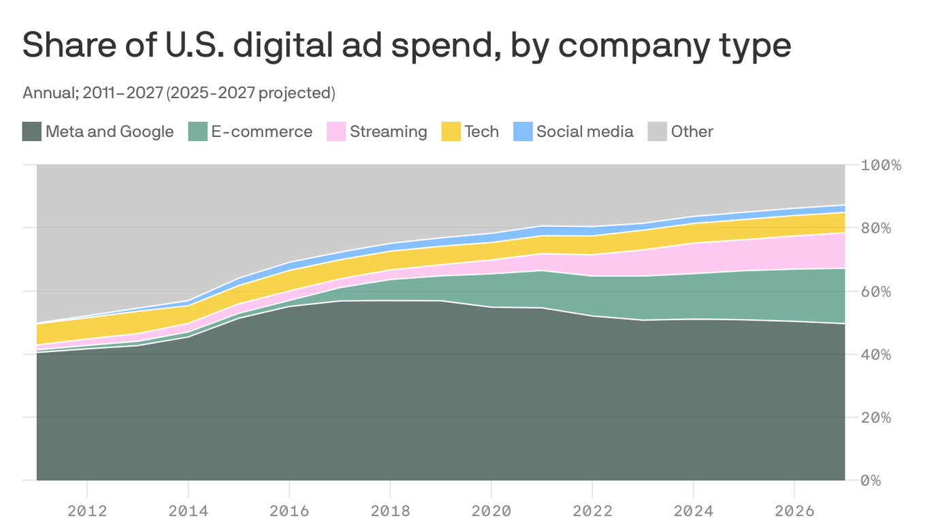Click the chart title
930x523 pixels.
point(406,46)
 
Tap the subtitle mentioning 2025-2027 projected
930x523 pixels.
point(178,93)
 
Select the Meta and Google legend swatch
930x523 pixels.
point(32,131)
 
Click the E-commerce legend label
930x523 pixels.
point(261,131)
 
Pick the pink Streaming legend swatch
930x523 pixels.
point(336,131)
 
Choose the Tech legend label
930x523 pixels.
point(481,131)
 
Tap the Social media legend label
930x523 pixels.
point(584,131)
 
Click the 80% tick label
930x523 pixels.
point(876,228)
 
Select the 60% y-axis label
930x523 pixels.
point(876,291)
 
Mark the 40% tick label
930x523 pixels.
point(876,354)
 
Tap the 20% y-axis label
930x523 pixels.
point(876,417)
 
